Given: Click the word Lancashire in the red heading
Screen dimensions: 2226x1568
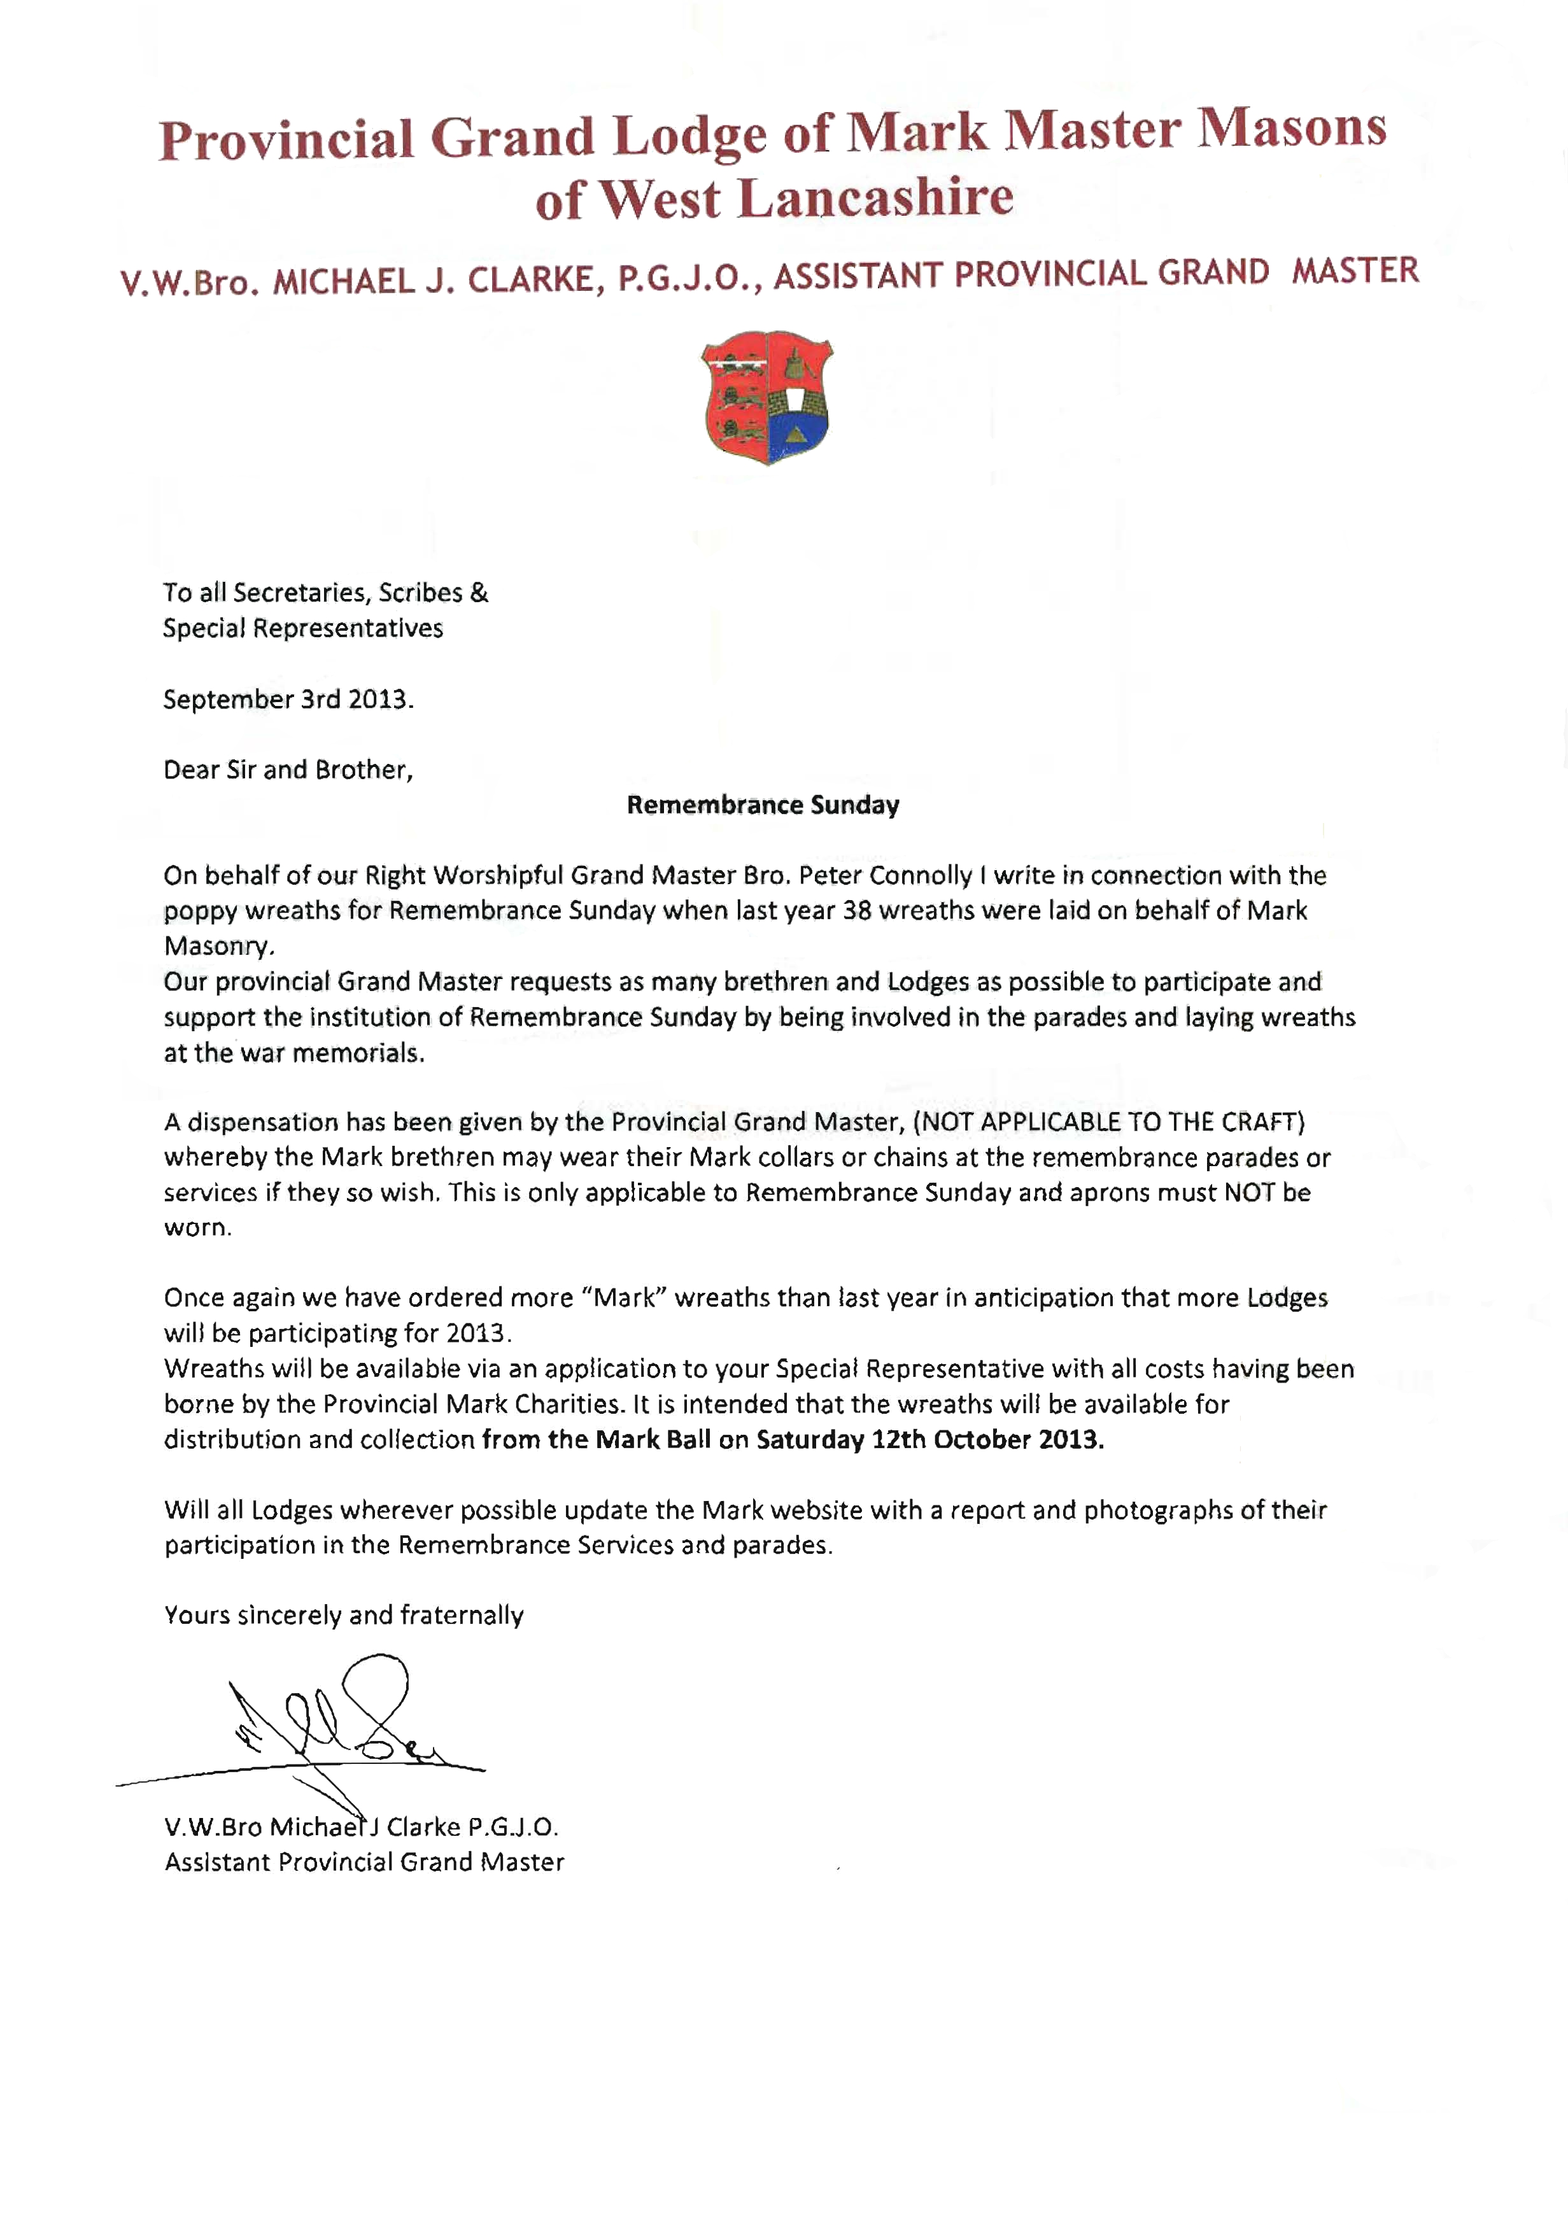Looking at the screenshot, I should click(875, 198).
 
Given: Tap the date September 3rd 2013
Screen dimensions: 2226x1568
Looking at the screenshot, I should click(288, 699).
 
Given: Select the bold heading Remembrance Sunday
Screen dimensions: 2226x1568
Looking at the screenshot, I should click(763, 805).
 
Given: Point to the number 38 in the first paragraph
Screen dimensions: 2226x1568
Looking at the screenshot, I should click(858, 910).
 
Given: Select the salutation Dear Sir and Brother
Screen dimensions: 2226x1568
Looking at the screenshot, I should click(288, 770).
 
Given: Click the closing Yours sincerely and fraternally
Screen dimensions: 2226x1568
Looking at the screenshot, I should click(343, 1615).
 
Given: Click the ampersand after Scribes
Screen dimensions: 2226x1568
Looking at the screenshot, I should click(479, 593).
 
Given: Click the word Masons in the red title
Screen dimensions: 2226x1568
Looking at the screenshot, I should click(1292, 128).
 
